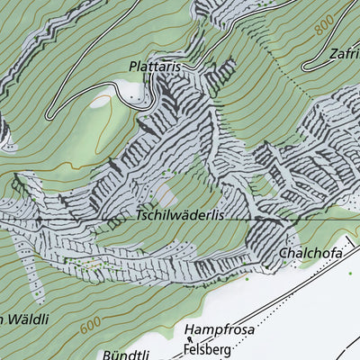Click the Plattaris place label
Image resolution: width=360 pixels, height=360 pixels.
pyautogui.click(x=158, y=67)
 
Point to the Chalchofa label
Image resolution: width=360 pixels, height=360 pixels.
pyautogui.click(x=310, y=254)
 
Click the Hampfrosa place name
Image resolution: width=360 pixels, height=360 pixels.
pyautogui.click(x=220, y=329)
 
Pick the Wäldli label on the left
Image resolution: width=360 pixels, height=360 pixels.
pyautogui.click(x=23, y=319)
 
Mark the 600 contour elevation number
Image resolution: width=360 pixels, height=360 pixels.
pyautogui.click(x=89, y=327)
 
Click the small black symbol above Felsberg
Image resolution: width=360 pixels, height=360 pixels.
pyautogui.click(x=191, y=338)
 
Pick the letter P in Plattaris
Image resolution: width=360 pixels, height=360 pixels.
pyautogui.click(x=133, y=67)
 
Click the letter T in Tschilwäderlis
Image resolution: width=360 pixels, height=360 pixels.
pyautogui.click(x=140, y=217)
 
